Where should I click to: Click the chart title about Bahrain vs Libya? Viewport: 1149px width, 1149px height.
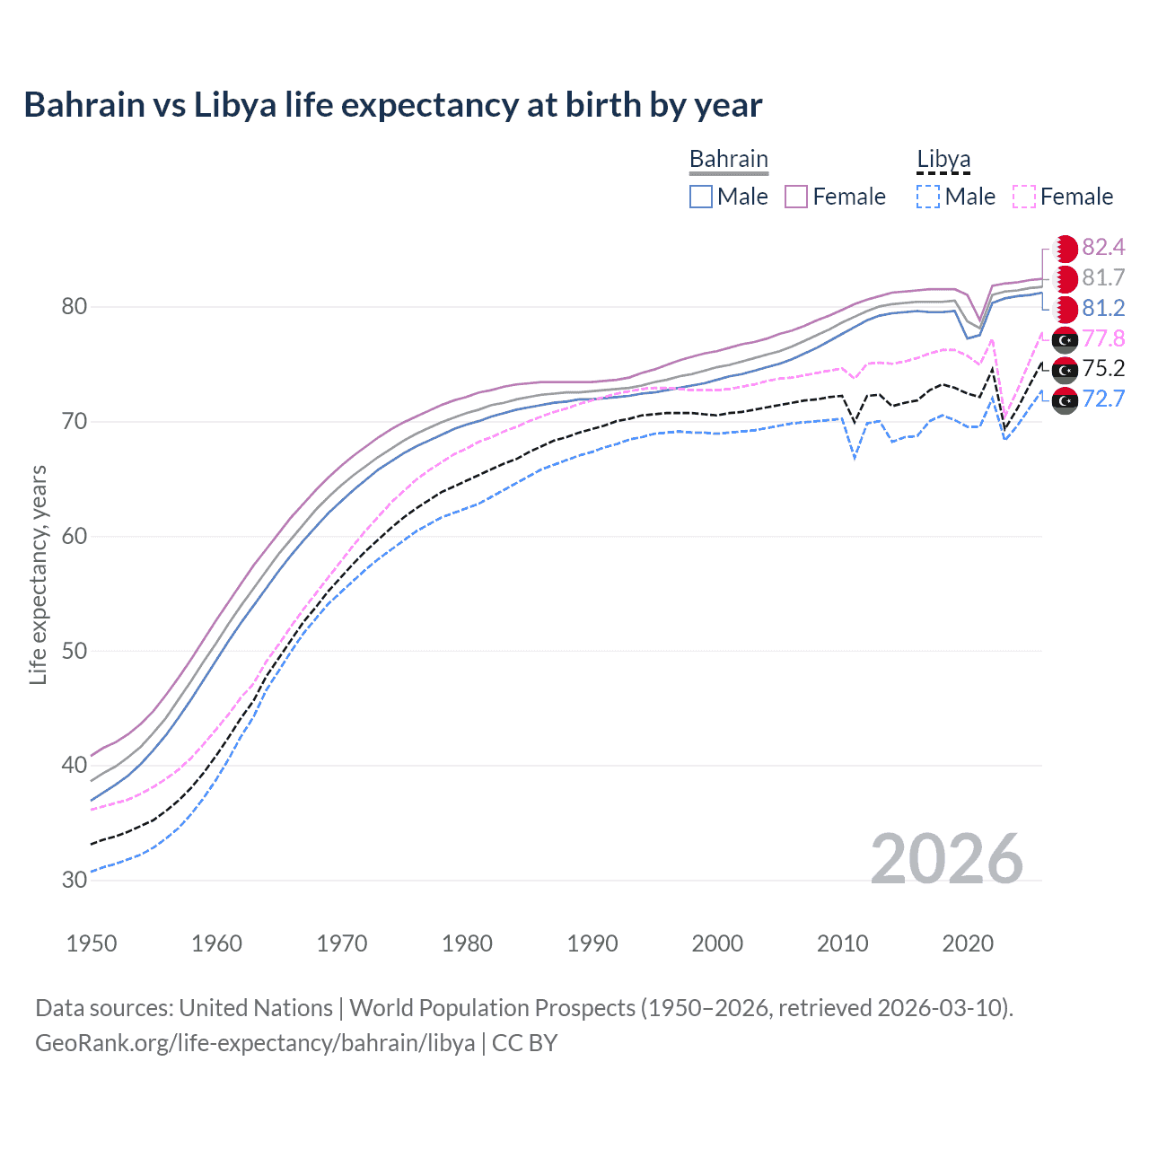[x=392, y=105]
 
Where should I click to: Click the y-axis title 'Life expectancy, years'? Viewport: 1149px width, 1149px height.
[x=38, y=574]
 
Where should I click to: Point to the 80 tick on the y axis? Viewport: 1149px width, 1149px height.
[x=75, y=307]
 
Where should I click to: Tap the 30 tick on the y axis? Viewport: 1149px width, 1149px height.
[x=75, y=880]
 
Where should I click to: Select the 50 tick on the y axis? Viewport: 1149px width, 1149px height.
[x=75, y=651]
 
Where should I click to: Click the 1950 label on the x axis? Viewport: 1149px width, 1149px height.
[x=92, y=943]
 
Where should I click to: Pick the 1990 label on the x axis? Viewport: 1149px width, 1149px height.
[x=592, y=943]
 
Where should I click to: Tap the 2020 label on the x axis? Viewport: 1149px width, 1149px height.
[x=968, y=943]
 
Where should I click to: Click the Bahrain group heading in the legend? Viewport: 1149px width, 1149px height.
[x=728, y=160]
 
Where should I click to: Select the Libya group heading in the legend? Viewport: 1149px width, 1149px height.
[x=943, y=160]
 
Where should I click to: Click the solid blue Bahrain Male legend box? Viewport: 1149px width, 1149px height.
[x=701, y=197]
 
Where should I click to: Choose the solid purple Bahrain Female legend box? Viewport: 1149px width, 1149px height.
[x=796, y=197]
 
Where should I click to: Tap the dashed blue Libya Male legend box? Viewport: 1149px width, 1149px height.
[x=928, y=197]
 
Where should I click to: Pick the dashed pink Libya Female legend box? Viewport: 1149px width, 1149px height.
[x=1024, y=197]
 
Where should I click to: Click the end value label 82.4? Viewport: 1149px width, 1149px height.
[x=1103, y=248]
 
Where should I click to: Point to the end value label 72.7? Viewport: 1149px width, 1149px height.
[x=1103, y=399]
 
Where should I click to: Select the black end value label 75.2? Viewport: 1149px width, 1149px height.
[x=1103, y=369]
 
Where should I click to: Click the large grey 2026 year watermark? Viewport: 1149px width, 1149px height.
[x=947, y=859]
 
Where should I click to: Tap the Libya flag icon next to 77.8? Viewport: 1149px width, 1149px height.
[x=1065, y=339]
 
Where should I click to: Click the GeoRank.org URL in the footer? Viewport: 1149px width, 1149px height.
[x=255, y=1043]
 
